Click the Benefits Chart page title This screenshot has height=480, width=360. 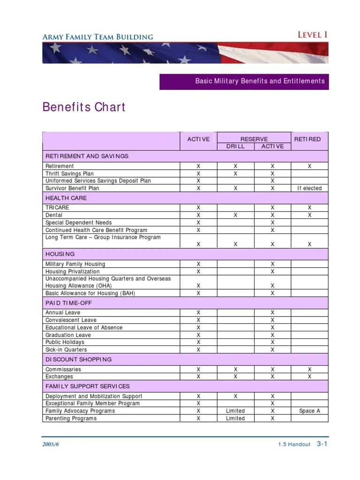(84, 107)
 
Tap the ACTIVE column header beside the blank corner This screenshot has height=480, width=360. (198, 139)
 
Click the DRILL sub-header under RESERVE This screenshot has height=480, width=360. (235, 146)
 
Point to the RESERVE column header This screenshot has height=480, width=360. (254, 139)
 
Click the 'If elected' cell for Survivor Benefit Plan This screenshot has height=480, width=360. (309, 188)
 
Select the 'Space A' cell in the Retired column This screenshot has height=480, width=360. (309, 411)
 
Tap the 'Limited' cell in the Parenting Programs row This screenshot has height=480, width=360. (235, 419)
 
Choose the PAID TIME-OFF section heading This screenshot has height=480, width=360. (68, 303)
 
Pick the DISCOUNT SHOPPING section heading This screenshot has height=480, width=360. (78, 360)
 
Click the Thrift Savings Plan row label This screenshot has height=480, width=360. (69, 173)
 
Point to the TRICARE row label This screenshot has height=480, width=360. (57, 208)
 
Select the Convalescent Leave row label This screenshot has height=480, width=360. (71, 320)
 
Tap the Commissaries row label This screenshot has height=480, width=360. (63, 369)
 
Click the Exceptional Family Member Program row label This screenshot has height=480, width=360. (92, 404)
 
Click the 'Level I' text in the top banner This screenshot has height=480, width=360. (313, 35)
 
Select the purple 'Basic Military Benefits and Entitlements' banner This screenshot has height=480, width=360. (244, 81)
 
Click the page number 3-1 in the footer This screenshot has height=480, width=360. (322, 444)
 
